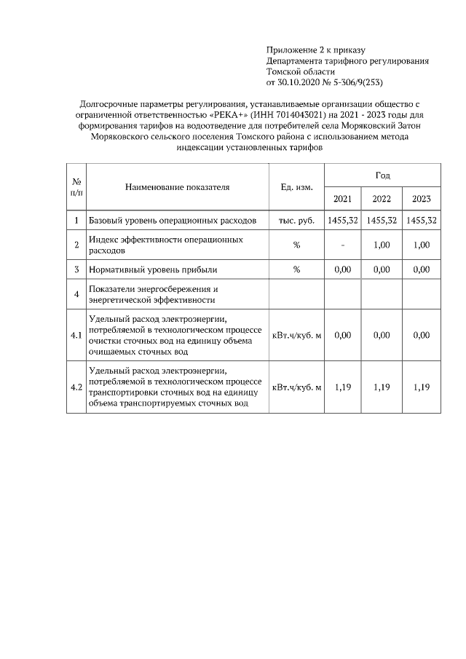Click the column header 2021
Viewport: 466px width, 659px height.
(x=342, y=199)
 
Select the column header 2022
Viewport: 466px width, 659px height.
(x=382, y=199)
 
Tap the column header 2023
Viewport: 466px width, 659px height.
(x=421, y=199)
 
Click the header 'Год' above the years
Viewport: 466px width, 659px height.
(x=382, y=175)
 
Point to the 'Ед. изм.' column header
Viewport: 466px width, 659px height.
(x=296, y=187)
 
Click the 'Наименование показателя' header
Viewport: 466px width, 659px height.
(x=177, y=187)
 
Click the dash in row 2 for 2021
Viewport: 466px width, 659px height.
(x=342, y=245)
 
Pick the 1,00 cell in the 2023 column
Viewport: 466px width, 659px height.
(x=421, y=245)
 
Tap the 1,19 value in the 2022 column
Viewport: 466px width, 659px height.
(x=382, y=387)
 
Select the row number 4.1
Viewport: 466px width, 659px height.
(x=76, y=336)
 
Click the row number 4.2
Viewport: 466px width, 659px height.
(x=76, y=387)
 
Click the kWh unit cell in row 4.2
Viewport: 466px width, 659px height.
(x=296, y=387)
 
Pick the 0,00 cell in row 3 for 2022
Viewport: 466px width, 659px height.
(x=382, y=269)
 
